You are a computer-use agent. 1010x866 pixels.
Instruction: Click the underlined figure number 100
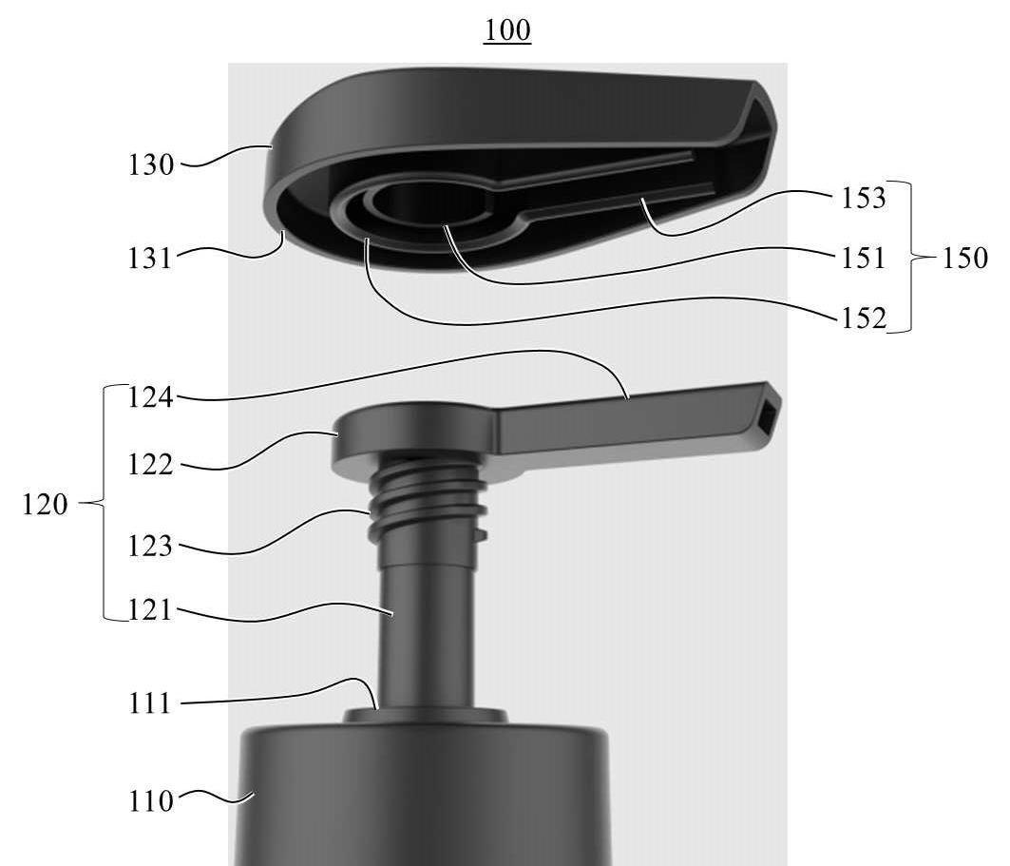click(507, 30)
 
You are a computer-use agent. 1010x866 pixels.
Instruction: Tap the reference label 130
click(151, 165)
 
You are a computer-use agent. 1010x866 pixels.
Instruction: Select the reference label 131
click(151, 259)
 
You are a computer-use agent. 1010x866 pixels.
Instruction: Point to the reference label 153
click(864, 198)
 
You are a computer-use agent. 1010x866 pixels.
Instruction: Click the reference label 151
click(864, 259)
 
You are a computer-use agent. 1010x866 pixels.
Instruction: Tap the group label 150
click(964, 259)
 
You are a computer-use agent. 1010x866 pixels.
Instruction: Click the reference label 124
click(151, 397)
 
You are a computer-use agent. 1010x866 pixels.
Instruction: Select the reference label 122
click(151, 465)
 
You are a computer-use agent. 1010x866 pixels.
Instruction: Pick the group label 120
click(45, 504)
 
